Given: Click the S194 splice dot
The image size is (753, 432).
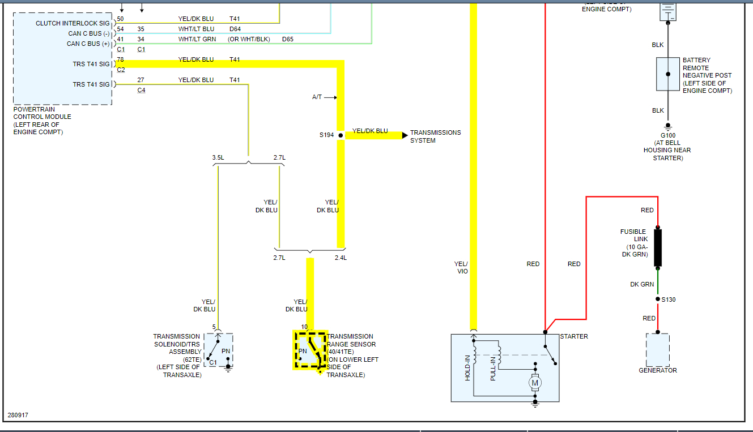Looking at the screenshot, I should click(x=341, y=135).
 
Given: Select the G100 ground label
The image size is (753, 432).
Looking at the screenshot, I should click(x=667, y=135).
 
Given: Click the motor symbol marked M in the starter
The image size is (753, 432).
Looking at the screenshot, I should click(x=535, y=383).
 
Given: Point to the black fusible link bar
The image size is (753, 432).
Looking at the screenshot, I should click(x=658, y=247).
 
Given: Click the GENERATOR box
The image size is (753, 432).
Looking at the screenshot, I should click(x=657, y=350).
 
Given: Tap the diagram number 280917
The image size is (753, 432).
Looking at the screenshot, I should click(x=18, y=415).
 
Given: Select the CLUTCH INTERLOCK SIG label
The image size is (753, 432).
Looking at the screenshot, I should click(x=73, y=23).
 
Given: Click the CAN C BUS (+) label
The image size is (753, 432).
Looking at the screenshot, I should click(x=88, y=44).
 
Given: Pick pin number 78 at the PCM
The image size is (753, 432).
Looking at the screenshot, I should click(x=120, y=59).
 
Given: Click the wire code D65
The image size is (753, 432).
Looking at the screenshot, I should click(x=288, y=39).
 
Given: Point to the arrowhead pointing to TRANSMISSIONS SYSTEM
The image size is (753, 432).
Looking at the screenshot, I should click(x=405, y=135).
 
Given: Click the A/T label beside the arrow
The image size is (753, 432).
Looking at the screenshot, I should click(x=317, y=97).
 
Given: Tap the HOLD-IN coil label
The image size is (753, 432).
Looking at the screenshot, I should click(x=468, y=367).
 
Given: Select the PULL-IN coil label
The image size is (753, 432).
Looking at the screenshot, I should click(x=493, y=369).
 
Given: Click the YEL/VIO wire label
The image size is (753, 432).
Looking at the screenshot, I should click(x=461, y=267).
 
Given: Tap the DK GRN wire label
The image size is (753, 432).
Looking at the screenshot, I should click(x=642, y=284).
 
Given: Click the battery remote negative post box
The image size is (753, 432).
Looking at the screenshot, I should click(x=668, y=74).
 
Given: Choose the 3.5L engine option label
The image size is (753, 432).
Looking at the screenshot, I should click(x=218, y=157).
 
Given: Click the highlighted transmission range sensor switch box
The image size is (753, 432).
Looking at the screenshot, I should click(x=310, y=350).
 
